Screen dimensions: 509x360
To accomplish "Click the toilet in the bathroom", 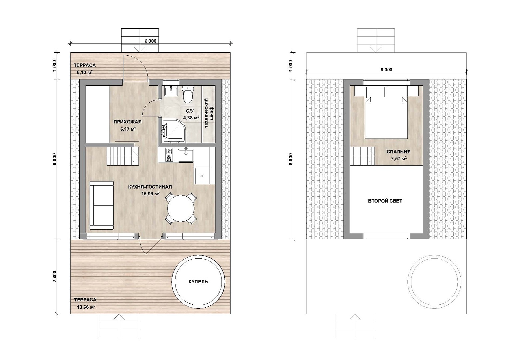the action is pos(188,94).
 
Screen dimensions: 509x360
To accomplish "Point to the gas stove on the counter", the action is pos(169,155).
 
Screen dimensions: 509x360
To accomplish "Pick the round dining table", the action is pos(181,208).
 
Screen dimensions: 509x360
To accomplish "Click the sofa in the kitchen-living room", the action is pos(102,205).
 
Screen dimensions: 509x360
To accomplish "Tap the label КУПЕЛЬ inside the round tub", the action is pos(198,282).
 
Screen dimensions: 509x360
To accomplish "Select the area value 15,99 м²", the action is pos(150,194).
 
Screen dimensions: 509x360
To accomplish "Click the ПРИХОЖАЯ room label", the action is pos(128,122).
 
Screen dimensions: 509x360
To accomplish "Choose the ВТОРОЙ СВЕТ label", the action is pos(385,201).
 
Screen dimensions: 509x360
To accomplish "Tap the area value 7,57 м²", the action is pos(399,159).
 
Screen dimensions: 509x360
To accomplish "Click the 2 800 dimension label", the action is pos(55,277).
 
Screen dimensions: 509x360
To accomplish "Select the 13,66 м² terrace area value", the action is pos(86,307).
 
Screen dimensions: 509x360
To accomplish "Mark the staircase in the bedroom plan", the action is pos(362,156).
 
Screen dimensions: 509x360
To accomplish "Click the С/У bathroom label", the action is pos(190,111).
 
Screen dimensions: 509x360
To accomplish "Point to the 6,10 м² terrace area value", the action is pos(85,73).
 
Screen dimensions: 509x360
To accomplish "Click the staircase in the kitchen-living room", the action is pos(123,156).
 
